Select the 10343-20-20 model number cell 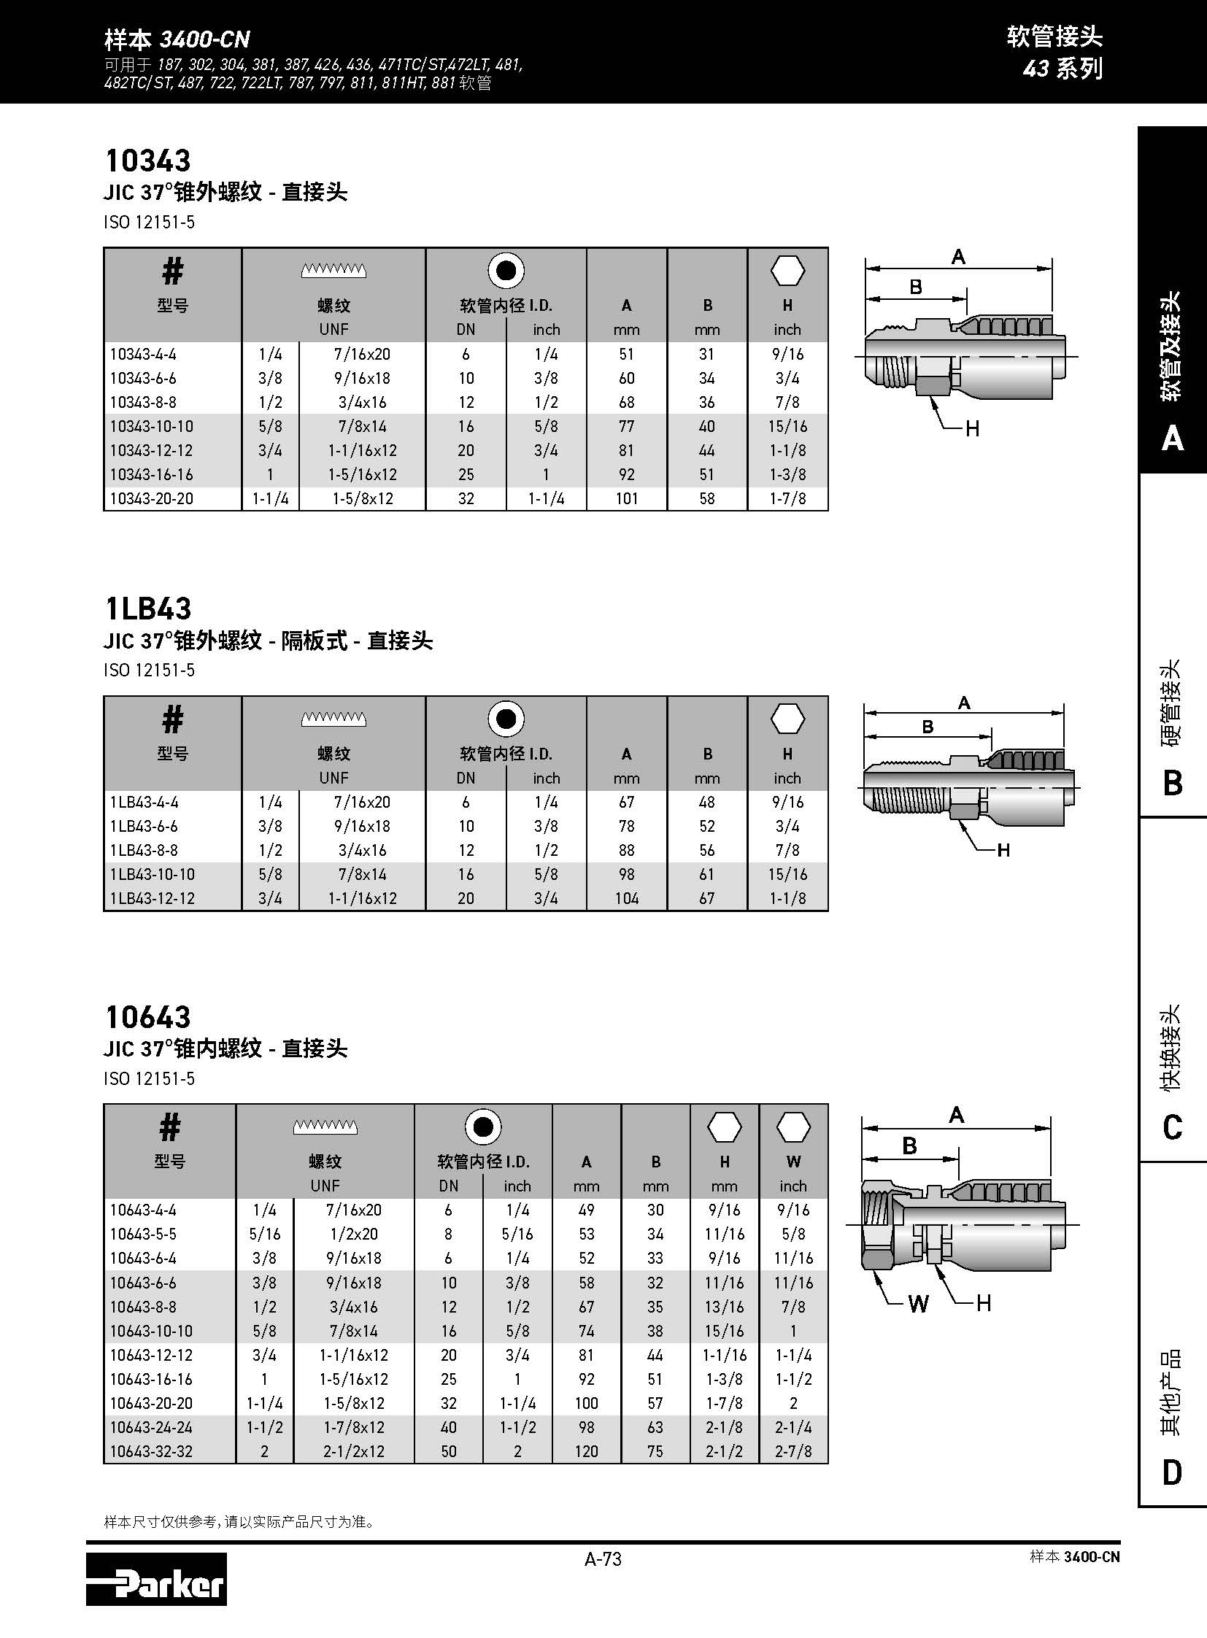click(151, 498)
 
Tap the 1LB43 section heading click(148, 609)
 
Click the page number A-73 click(603, 1558)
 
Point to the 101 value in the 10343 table click(626, 498)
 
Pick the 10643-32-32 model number click(151, 1451)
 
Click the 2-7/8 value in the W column click(793, 1451)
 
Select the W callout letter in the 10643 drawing click(918, 1304)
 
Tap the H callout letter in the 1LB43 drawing click(1003, 850)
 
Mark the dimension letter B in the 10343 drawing click(916, 287)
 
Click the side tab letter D click(1171, 1472)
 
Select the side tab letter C click(1171, 1127)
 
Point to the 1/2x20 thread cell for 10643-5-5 click(354, 1234)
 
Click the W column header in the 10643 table click(793, 1162)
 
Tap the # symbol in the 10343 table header click(172, 271)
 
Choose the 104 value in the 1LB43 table click(626, 898)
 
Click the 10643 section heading click(148, 1017)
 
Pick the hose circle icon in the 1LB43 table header click(506, 719)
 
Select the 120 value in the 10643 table click(586, 1451)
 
